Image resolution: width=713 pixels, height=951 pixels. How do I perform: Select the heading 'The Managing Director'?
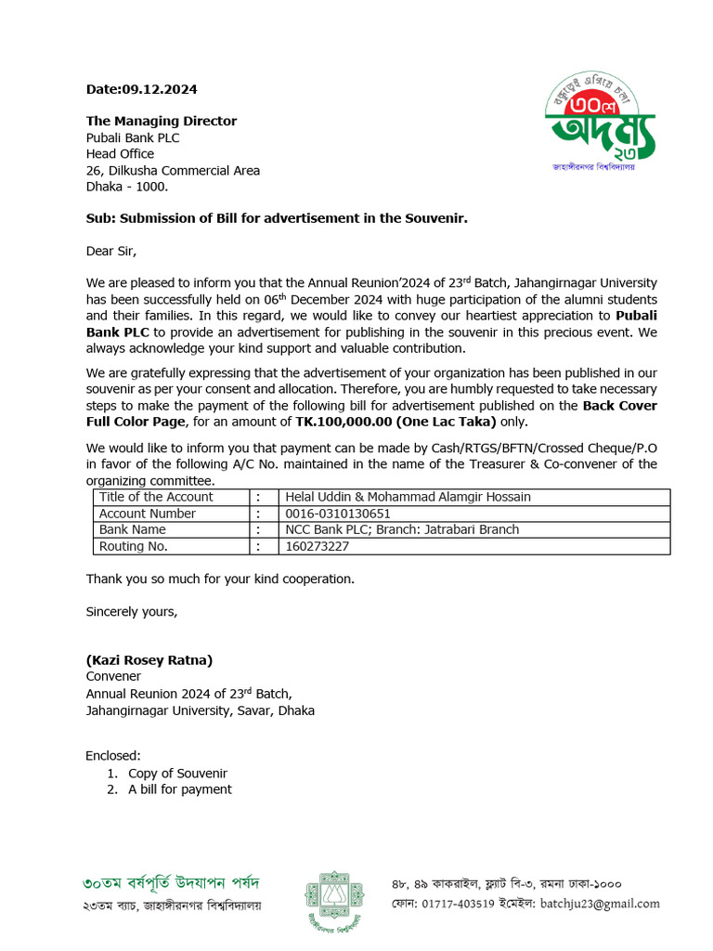[162, 121]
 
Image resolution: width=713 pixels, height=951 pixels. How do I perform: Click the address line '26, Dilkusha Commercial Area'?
[173, 171]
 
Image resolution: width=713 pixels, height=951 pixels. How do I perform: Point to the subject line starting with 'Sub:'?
[277, 218]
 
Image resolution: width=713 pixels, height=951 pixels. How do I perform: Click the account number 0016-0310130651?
[338, 514]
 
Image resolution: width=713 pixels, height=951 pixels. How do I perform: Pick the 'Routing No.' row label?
[134, 547]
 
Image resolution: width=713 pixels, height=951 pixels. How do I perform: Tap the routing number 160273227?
[318, 547]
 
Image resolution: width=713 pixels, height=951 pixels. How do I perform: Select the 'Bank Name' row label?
[133, 530]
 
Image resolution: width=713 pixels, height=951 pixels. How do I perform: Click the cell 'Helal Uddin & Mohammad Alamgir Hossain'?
[408, 497]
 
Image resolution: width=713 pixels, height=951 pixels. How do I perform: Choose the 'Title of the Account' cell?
[156, 497]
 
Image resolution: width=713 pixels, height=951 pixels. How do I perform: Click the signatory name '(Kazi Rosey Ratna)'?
[149, 660]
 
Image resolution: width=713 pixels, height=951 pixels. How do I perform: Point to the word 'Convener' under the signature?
[113, 677]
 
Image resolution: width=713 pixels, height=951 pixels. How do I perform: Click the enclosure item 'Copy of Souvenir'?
[177, 774]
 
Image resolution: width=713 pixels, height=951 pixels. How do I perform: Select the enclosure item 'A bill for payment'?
[180, 790]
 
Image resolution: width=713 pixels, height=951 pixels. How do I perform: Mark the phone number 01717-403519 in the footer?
[464, 904]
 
